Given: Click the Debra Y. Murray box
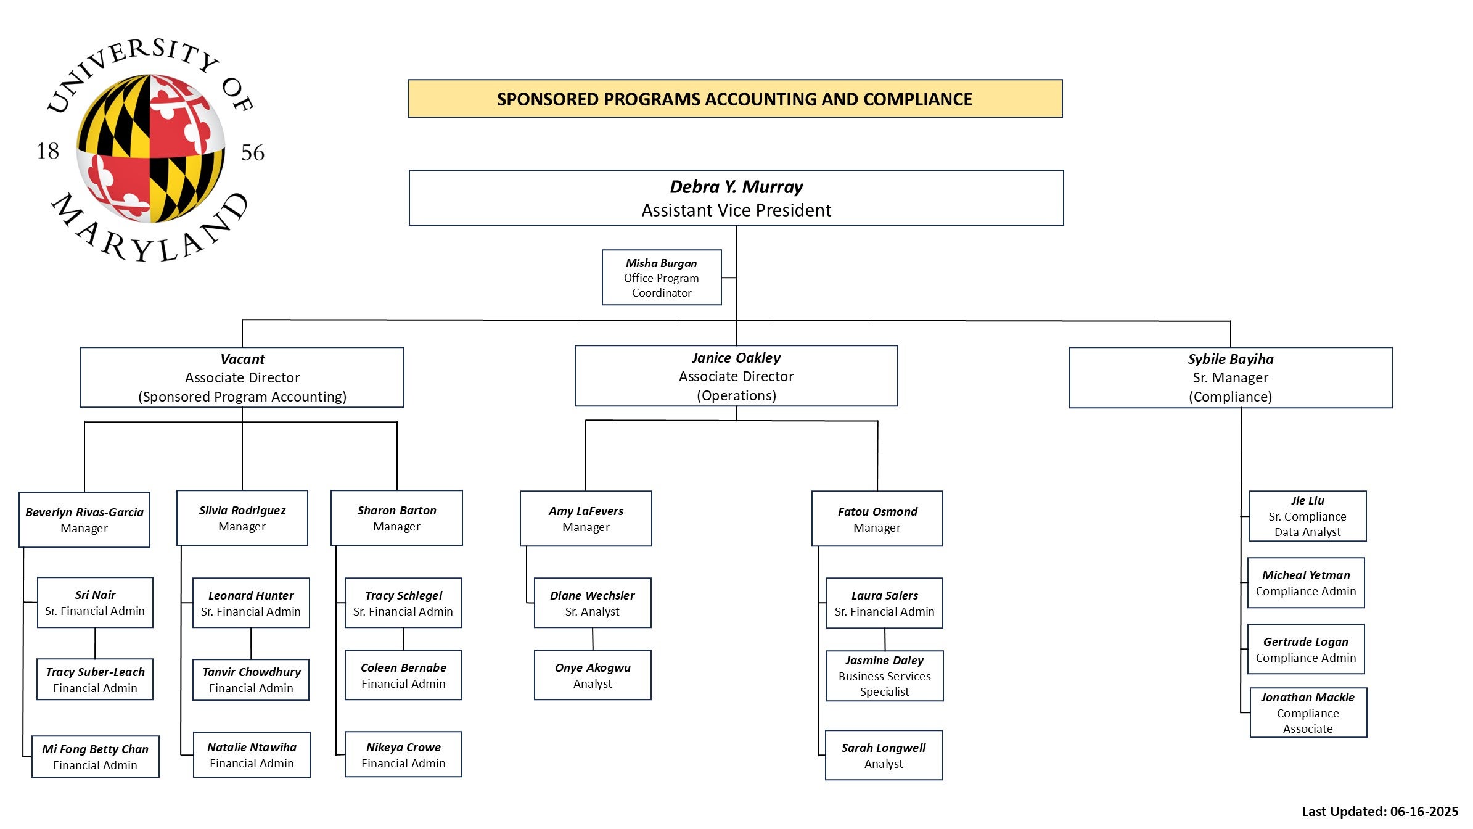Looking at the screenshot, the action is coord(736,198).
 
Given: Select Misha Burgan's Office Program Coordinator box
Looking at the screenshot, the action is coord(662,278).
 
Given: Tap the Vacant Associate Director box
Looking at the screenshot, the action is coord(242,377).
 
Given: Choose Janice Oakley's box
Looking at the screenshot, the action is coord(736,376).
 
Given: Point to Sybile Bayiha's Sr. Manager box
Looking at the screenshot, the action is coord(1231,377).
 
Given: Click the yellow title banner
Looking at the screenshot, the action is coord(735,99).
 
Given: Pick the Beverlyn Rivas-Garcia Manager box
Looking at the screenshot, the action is coord(84,520).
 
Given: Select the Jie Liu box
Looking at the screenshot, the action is coord(1308,516).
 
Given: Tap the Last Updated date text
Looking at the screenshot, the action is coord(1380,812).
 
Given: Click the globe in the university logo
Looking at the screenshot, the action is coord(150,149).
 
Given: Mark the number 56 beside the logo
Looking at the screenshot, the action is coord(253,152).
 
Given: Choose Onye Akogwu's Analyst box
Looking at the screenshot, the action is coord(593,675).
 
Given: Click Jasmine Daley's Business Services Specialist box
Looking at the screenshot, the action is coord(885,676).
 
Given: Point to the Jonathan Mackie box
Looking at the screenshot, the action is coord(1308,712).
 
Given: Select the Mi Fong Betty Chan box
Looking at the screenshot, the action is coord(96,757).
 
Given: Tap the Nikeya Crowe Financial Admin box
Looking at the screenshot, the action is coord(403,754).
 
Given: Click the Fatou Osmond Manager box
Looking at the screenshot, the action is coord(877,519).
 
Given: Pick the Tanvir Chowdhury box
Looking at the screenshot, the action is coord(251,680).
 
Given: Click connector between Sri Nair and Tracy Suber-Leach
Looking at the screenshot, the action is coord(95,643).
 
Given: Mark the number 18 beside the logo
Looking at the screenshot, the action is coord(48,151).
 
